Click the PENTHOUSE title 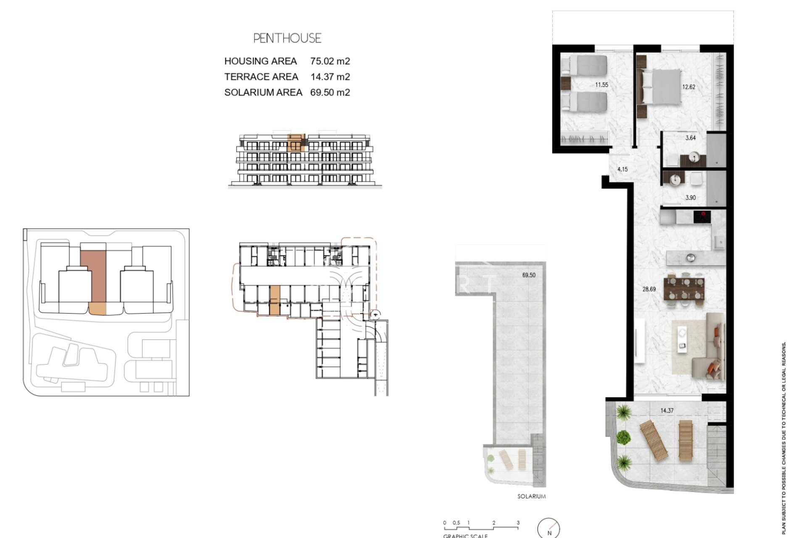pyautogui.click(x=287, y=38)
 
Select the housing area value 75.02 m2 pyautogui.click(x=330, y=61)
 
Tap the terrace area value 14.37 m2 pyautogui.click(x=330, y=77)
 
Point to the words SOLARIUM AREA pyautogui.click(x=263, y=92)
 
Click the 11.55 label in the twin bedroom pyautogui.click(x=601, y=85)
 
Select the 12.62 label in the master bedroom pyautogui.click(x=688, y=87)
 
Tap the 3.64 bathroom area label pyautogui.click(x=690, y=138)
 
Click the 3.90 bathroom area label pyautogui.click(x=690, y=198)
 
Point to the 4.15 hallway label pyautogui.click(x=622, y=169)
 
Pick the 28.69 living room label pyautogui.click(x=649, y=289)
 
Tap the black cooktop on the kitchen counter pyautogui.click(x=702, y=217)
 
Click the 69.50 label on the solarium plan pyautogui.click(x=529, y=275)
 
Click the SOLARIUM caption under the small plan pyautogui.click(x=531, y=496)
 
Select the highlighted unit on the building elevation pyautogui.click(x=297, y=143)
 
